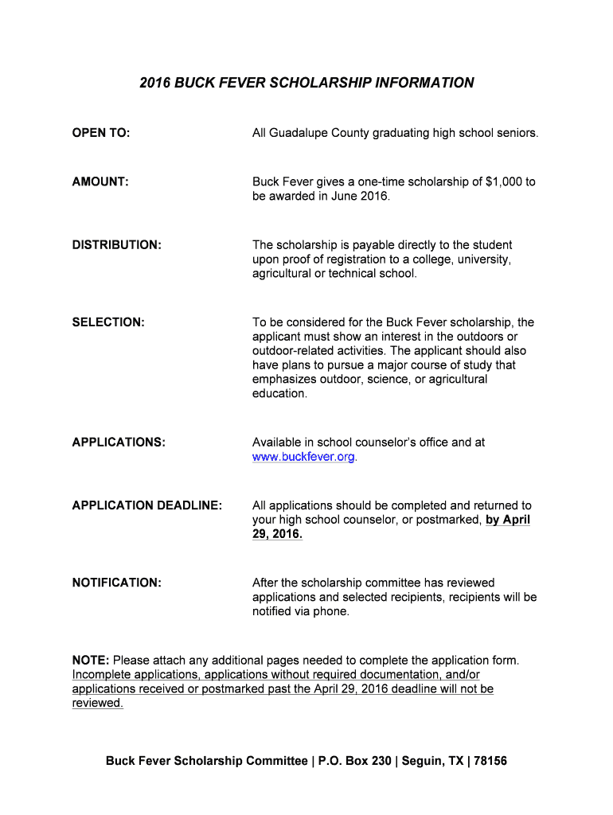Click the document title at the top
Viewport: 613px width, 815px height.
(x=306, y=83)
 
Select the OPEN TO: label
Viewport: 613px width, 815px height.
(x=101, y=133)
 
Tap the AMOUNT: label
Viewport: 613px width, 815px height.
(x=100, y=182)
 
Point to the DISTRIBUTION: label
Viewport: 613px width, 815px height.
(x=117, y=245)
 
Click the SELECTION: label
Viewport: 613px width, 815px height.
(x=108, y=322)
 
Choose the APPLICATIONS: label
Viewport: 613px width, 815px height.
(x=119, y=442)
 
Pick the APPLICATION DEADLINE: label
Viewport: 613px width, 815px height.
(x=147, y=505)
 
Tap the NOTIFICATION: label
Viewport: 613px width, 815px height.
(x=117, y=583)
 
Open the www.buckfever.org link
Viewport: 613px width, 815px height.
(x=303, y=457)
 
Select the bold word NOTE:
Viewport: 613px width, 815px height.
(x=91, y=660)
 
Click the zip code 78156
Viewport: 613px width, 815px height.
(x=490, y=761)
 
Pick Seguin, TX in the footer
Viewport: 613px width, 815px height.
(x=432, y=761)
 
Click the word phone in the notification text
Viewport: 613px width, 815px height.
(x=330, y=611)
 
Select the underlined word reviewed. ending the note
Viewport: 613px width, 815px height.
(x=98, y=704)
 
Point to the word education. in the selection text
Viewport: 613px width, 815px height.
(x=279, y=394)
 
